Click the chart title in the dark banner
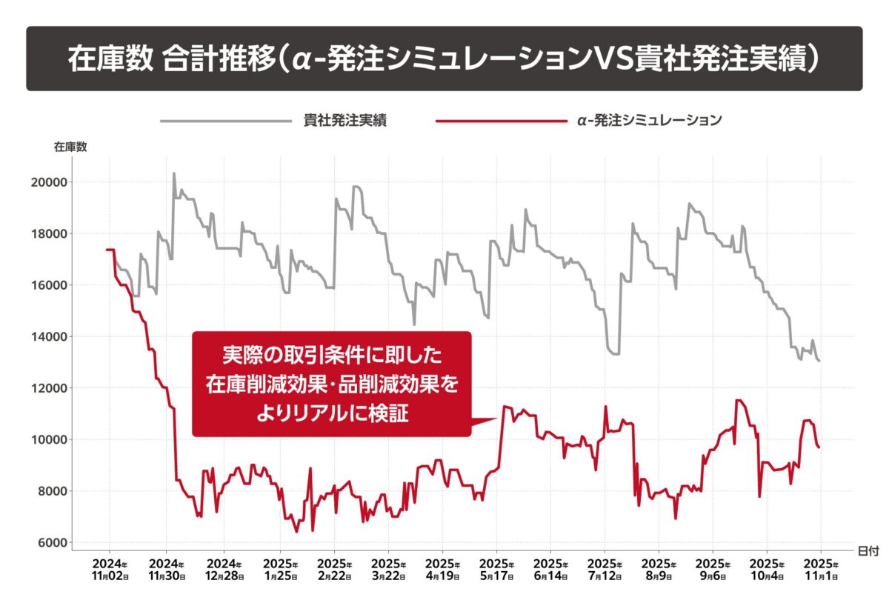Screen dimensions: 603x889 click(444, 59)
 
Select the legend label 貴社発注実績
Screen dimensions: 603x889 click(345, 121)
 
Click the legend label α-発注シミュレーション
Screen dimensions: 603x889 click(649, 121)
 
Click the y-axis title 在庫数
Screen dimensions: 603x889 click(70, 147)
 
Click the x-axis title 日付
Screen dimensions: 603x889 click(868, 551)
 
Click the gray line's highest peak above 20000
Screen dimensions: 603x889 click(173, 174)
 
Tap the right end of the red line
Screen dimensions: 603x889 click(819, 447)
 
